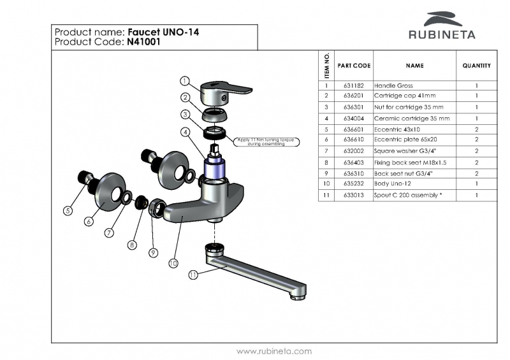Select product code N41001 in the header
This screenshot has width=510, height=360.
[143, 42]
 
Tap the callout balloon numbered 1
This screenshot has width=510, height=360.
[184, 82]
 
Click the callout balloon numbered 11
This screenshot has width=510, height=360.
[193, 275]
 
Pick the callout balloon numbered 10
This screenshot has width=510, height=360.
[173, 262]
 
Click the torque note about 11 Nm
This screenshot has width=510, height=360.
[260, 141]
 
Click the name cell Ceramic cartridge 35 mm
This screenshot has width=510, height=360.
[412, 118]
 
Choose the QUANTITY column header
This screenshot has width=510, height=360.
[476, 66]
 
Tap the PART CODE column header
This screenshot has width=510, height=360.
[354, 66]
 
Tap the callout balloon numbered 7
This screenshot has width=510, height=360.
[110, 233]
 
